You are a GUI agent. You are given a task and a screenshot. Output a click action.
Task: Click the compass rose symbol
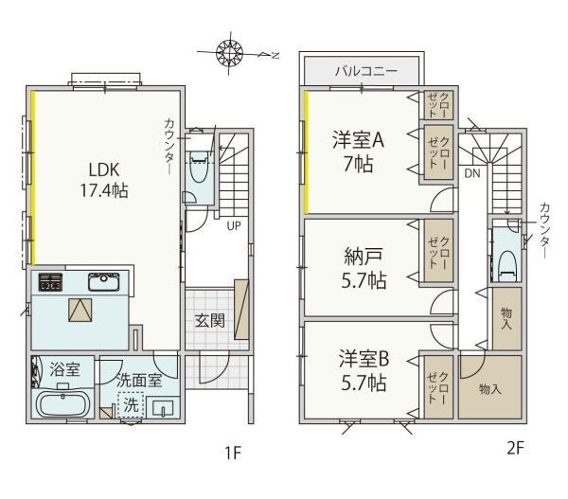[x=229, y=53]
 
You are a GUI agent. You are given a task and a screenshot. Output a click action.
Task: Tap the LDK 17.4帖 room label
[x=104, y=180]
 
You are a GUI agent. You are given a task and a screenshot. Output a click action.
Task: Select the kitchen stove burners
[x=50, y=282]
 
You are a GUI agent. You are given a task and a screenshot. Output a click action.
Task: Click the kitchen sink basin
[x=103, y=281]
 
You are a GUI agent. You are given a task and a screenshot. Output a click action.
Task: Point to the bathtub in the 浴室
[x=63, y=404]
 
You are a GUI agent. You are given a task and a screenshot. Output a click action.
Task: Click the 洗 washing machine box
[x=131, y=404]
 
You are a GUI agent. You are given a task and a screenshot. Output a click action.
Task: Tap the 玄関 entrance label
[x=210, y=321]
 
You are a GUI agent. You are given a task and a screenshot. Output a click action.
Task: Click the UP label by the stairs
[x=234, y=225]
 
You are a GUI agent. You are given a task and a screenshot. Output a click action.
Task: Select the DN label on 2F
[x=472, y=173]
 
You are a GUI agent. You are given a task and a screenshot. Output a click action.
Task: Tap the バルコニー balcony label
[x=365, y=71]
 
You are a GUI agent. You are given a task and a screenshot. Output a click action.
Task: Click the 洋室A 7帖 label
[x=358, y=151]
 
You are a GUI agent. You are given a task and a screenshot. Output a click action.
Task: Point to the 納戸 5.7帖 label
[x=364, y=268]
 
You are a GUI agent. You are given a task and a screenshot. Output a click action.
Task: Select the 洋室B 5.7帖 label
[x=364, y=370]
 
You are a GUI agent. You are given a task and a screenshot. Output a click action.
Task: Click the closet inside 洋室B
[x=438, y=387]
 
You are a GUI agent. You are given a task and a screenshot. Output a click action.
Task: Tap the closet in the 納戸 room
[x=438, y=251]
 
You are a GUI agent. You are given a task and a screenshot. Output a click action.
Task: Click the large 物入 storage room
[x=489, y=387]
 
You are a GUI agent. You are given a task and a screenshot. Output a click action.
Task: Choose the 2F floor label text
[x=515, y=449]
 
